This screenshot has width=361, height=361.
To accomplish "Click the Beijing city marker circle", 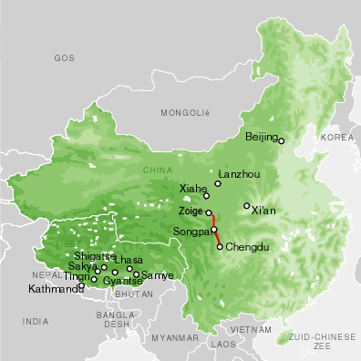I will (x=282, y=140).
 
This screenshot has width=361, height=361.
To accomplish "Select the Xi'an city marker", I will (x=247, y=206).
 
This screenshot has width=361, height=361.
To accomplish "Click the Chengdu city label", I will (x=249, y=246).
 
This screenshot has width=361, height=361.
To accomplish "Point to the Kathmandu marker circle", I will (x=82, y=285).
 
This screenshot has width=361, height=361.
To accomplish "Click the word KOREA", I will (x=336, y=137).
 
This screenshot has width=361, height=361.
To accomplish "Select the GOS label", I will (x=63, y=57).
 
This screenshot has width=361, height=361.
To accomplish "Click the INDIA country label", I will (x=36, y=321).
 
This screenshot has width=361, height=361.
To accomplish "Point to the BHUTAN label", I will (x=135, y=294).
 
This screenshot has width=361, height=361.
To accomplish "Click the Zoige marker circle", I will (x=209, y=213).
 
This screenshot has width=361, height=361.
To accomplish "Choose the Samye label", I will (x=158, y=274).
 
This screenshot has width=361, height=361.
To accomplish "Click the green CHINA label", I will (x=157, y=170).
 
